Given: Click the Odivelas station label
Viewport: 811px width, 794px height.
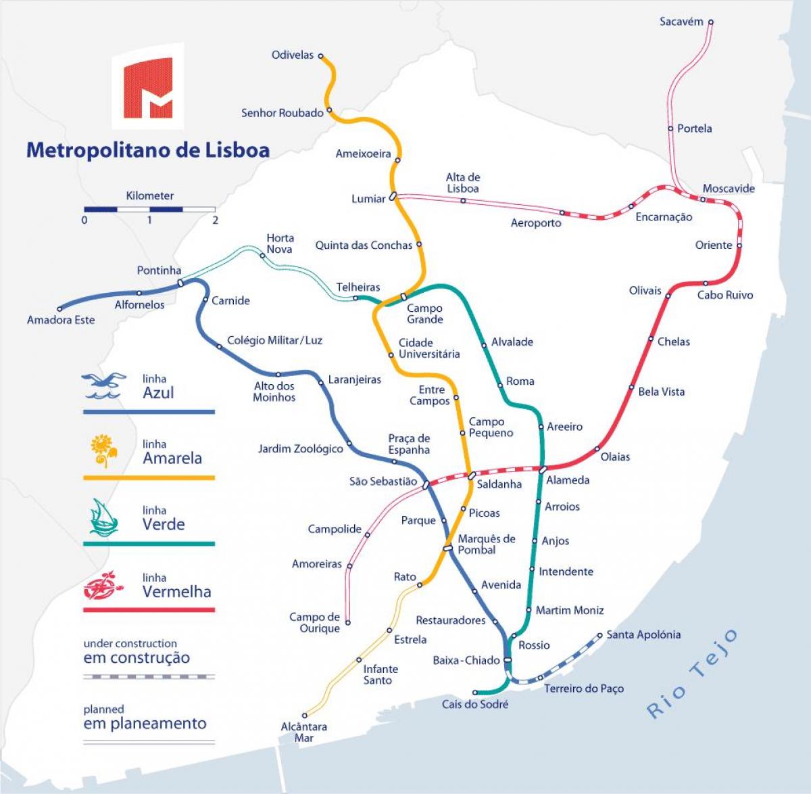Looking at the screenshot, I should tap(292, 55).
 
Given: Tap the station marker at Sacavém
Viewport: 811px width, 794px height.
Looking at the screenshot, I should tap(710, 22).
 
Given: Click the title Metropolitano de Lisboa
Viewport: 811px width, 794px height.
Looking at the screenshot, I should tap(147, 149).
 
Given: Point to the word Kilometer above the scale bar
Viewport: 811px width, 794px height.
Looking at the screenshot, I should tap(149, 195).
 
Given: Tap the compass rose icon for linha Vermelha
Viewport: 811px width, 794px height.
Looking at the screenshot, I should tap(103, 585).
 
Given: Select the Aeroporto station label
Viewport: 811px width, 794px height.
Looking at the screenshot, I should tap(535, 223).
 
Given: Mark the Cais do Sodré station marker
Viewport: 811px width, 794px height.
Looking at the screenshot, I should tap(475, 693).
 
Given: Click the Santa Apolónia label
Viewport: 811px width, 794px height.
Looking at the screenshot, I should tap(643, 634).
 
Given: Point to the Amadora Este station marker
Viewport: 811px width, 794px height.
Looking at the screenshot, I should tap(59, 309).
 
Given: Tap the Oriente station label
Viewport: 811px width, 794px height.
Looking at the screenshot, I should tap(713, 245).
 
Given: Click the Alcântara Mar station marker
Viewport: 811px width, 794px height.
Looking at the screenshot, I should tap(305, 715).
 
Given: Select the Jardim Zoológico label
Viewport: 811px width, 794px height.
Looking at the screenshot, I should tap(300, 448).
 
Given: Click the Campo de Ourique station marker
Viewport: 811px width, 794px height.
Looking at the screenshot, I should tap(348, 622).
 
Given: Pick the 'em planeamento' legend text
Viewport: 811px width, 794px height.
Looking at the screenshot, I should tap(145, 723).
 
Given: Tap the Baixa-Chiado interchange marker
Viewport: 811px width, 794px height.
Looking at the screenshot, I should tap(507, 660).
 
